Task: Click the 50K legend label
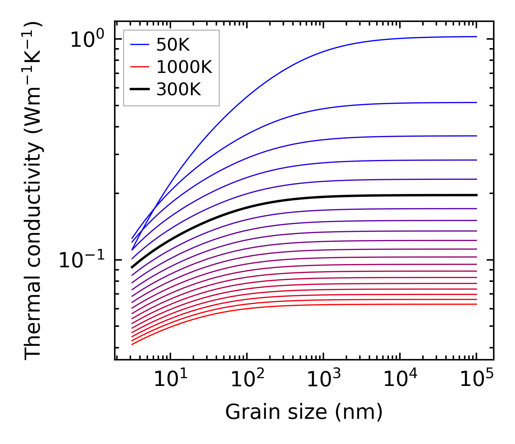[x=173, y=45]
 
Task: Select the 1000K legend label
[x=184, y=67]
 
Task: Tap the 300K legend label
[x=179, y=90]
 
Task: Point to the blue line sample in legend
[x=140, y=45]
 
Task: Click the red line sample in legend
[x=140, y=67]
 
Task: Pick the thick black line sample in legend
[x=140, y=90]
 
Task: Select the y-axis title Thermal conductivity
[x=33, y=191]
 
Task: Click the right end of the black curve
[x=476, y=195]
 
